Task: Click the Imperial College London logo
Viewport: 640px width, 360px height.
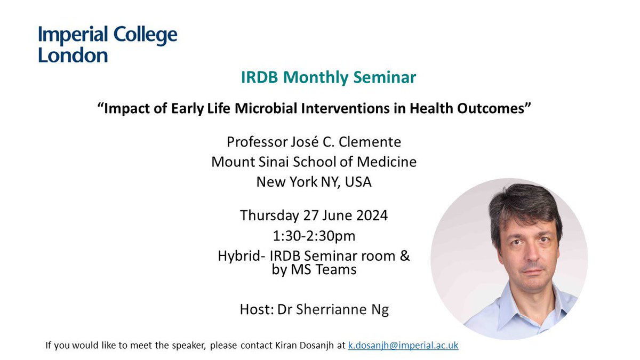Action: click(x=107, y=44)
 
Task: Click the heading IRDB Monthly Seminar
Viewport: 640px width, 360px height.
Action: click(x=328, y=77)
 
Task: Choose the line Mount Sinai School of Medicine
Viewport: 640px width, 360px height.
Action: click(x=314, y=162)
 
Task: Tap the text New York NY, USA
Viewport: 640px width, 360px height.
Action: click(x=314, y=182)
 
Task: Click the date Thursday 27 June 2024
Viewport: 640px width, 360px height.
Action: click(x=314, y=215)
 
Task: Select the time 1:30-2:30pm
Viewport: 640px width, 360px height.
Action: click(x=314, y=235)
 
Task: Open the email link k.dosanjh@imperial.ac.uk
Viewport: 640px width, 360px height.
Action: click(x=403, y=346)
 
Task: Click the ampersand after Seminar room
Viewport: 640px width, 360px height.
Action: click(x=404, y=256)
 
